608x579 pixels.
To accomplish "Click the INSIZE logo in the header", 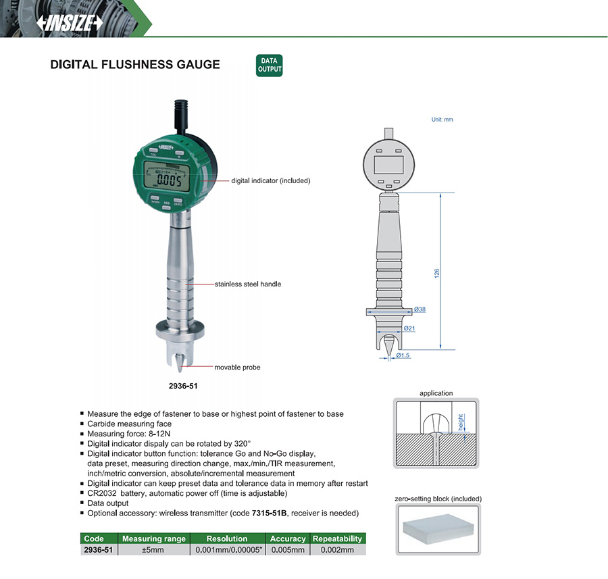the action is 70,23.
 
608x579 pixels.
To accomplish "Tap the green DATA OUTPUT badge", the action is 269,65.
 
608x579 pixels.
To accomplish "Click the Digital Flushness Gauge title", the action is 135,64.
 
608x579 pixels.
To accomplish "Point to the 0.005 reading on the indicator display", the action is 169,180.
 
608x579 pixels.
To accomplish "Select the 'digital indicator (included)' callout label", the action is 271,180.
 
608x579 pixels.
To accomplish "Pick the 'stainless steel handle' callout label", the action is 248,284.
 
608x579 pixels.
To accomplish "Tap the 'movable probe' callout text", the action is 237,368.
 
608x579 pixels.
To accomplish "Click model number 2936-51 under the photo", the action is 183,386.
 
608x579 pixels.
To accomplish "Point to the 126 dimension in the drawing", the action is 437,273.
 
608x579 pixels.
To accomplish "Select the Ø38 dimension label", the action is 420,309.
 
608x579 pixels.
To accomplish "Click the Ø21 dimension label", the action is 409,328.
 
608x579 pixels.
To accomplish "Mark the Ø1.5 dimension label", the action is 403,355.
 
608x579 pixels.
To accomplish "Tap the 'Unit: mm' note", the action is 442,120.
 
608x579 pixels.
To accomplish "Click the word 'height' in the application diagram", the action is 461,422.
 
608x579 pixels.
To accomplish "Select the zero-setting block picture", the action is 438,530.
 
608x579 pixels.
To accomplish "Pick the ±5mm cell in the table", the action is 153,550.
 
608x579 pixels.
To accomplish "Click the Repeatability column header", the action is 337,538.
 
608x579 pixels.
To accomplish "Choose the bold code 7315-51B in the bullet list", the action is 270,513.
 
